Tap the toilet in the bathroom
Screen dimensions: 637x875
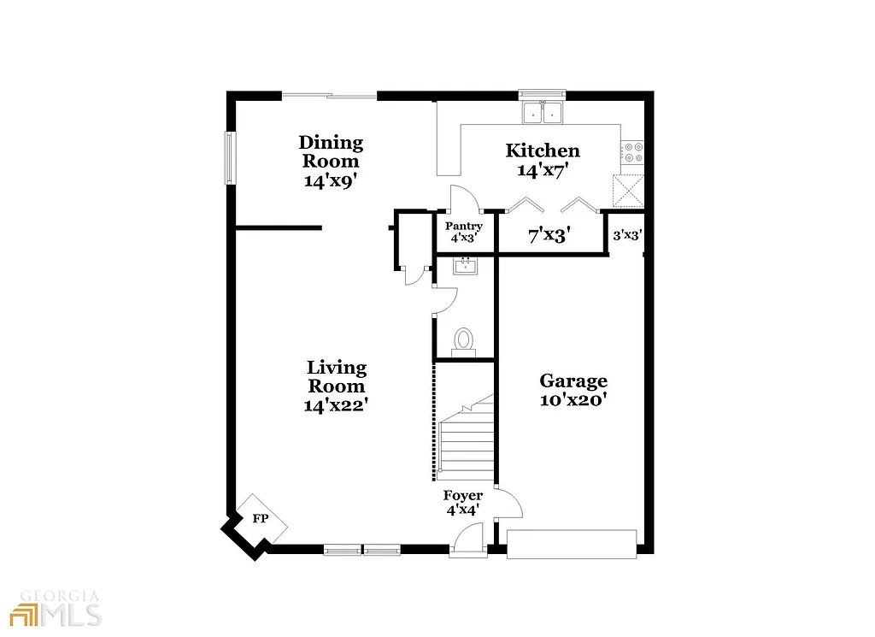464,340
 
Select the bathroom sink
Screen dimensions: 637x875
466,265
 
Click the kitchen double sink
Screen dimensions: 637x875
543,111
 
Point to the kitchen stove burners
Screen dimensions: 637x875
633,152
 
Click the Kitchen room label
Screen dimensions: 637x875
543,150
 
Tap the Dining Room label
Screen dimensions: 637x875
330,151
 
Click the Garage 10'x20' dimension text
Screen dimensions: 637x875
573,399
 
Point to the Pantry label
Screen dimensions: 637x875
465,227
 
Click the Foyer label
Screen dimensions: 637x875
462,496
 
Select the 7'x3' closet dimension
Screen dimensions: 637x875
549,235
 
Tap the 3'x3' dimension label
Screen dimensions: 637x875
627,235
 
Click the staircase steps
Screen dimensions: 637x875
467,440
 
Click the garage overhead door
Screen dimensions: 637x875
572,544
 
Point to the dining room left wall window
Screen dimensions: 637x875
229,156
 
